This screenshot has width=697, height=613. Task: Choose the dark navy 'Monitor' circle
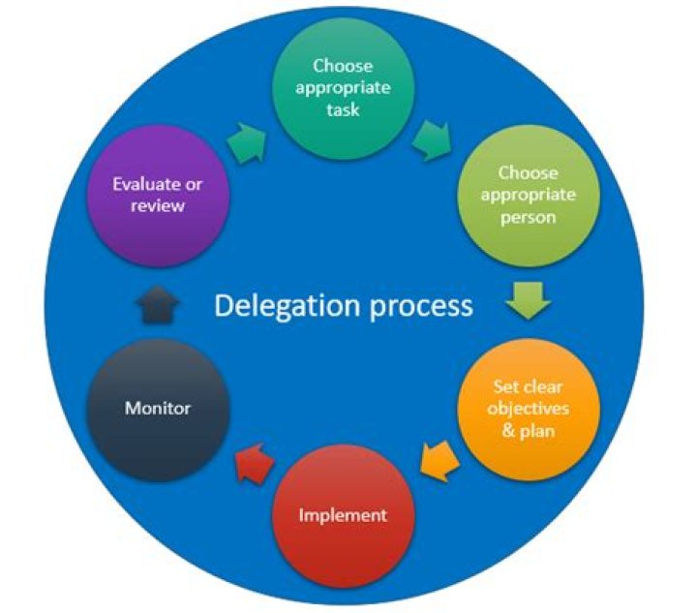[x=157, y=409]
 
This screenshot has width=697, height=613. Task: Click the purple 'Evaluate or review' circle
[x=157, y=195]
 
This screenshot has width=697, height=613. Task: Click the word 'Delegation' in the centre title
[x=280, y=306]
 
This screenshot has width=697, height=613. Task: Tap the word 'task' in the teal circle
[x=342, y=109]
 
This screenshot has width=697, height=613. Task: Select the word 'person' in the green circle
[x=529, y=217]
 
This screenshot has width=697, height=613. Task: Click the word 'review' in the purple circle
[x=157, y=205]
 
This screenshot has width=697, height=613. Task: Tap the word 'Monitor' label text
[x=157, y=409]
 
